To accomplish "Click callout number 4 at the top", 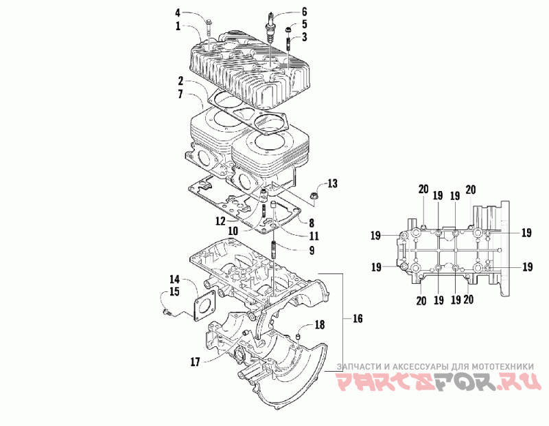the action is [178, 13].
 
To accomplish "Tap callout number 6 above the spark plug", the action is [304, 12].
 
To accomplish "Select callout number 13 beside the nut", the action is [332, 183].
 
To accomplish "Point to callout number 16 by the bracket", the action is [358, 319].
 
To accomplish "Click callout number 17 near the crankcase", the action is [195, 362].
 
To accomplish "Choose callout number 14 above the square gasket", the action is [175, 280].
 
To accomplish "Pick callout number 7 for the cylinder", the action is [180, 94].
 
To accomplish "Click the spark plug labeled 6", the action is [270, 27].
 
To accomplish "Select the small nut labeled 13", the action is [314, 197].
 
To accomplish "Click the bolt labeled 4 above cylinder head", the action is [209, 27].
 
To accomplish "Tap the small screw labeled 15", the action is [167, 311].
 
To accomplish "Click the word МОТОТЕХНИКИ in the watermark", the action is [503, 367].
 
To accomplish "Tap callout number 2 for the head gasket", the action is [180, 81].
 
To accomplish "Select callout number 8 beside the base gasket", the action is [312, 223].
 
